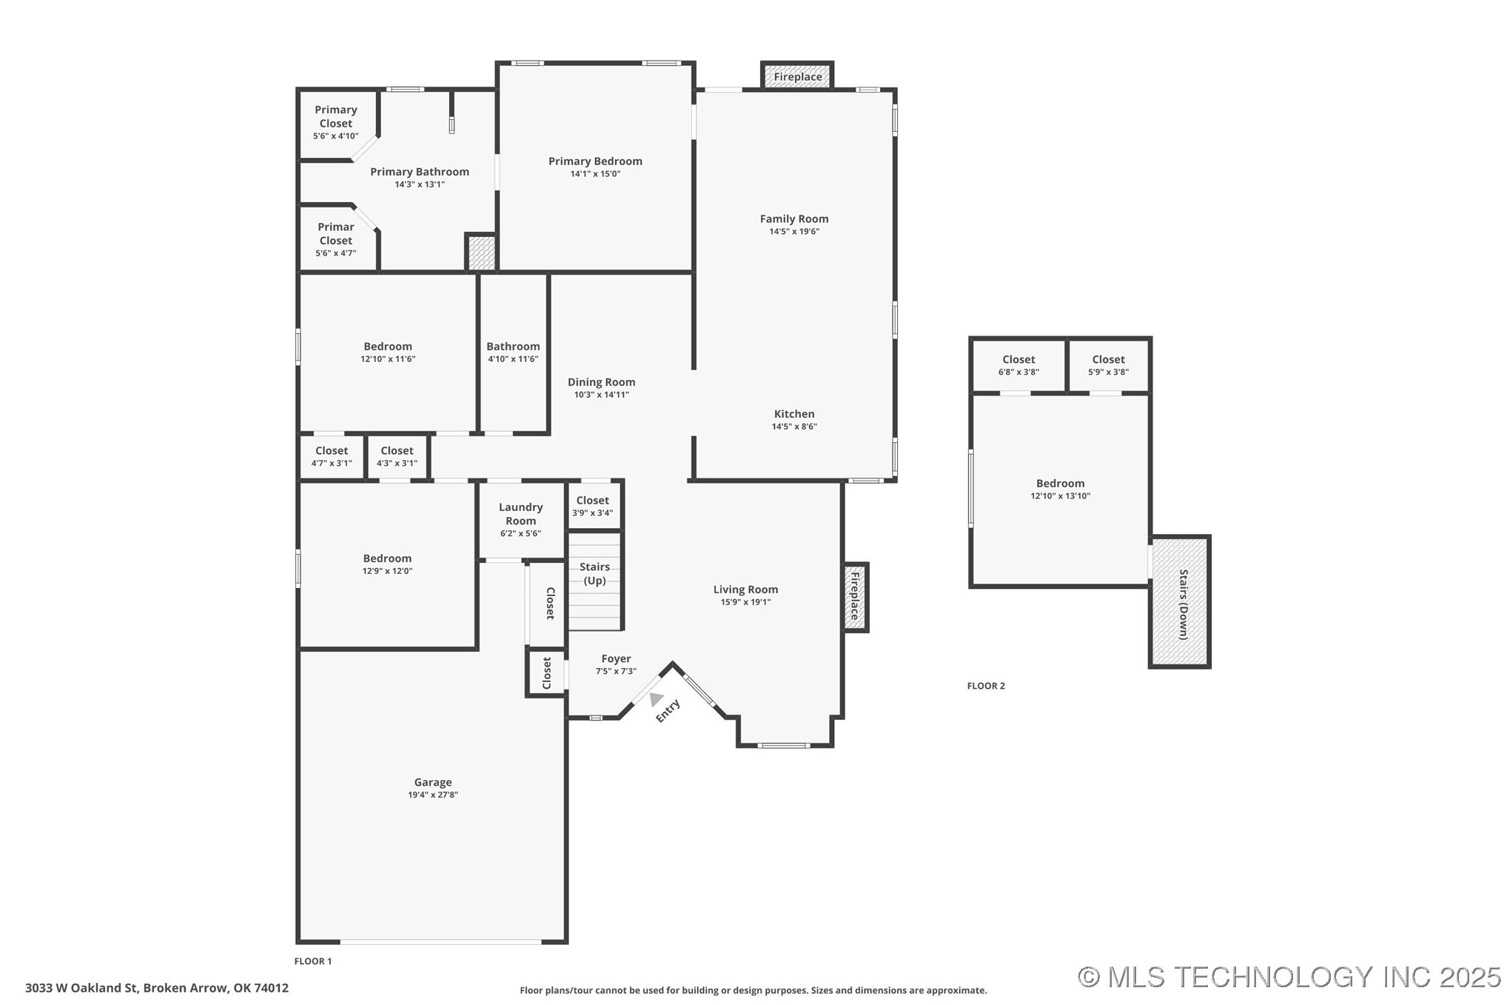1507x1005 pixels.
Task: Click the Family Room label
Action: tap(793, 218)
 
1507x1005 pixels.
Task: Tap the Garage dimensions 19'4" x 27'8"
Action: tap(432, 795)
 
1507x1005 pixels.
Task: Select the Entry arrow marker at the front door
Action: tap(655, 698)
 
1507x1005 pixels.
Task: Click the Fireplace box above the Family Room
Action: tap(797, 76)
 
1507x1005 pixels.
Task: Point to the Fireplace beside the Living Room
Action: tap(855, 596)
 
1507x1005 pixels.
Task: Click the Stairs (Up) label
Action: tap(594, 573)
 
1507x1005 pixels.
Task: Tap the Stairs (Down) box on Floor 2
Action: tap(1180, 601)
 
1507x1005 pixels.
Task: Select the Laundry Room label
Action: tap(520, 513)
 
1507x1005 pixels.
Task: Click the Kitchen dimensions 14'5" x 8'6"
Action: tap(793, 427)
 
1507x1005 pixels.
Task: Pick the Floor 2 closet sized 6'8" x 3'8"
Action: tap(1018, 365)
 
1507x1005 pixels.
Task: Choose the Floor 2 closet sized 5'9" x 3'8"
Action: tap(1108, 365)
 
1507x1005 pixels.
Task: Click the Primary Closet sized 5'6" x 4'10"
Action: tap(335, 122)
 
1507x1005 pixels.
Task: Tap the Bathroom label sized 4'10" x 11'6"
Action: tap(513, 346)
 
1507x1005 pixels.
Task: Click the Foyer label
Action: tap(616, 658)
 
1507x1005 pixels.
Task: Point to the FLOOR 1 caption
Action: tap(313, 961)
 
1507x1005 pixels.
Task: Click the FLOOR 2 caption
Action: tap(986, 686)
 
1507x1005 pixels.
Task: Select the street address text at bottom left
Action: tap(157, 987)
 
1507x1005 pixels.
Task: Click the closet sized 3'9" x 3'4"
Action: tap(592, 506)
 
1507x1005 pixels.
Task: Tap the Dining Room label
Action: tap(601, 382)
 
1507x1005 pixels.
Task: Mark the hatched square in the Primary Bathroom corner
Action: tap(480, 253)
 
